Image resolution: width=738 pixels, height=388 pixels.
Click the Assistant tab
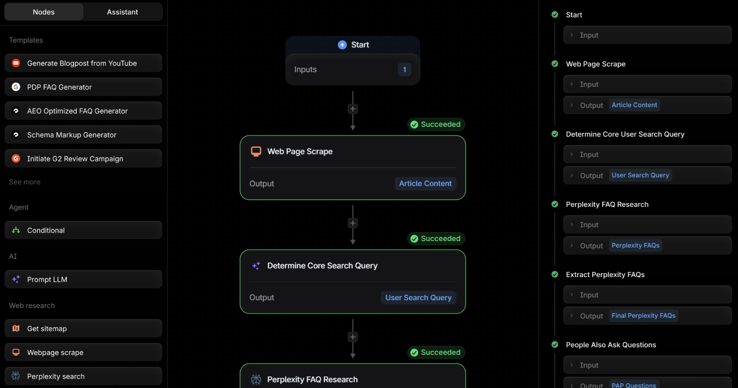tap(122, 12)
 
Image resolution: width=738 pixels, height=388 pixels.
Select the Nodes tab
tap(44, 12)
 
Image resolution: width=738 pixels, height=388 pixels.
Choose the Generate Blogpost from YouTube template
tap(83, 63)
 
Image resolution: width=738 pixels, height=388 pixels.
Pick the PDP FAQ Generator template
tap(83, 87)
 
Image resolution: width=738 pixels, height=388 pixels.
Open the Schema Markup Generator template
tap(83, 135)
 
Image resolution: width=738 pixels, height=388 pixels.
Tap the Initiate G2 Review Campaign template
tap(83, 159)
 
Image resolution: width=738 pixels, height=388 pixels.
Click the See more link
tap(25, 182)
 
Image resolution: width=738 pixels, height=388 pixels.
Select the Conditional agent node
tap(83, 230)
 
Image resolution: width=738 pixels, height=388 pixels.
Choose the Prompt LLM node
tap(83, 279)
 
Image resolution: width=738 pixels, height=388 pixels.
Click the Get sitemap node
tap(83, 329)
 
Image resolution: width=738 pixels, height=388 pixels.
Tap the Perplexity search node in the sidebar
tap(83, 376)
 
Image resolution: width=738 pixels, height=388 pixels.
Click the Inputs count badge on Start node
tap(404, 69)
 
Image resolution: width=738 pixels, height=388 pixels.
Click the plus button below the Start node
tap(352, 109)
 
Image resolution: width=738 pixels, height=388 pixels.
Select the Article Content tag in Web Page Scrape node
tap(425, 183)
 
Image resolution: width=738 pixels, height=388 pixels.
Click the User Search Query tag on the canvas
tap(418, 298)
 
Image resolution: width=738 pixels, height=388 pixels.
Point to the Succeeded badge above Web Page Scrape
tap(436, 124)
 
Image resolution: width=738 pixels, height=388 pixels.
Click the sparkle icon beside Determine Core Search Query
tap(256, 265)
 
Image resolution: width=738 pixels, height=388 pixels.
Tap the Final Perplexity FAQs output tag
tap(643, 315)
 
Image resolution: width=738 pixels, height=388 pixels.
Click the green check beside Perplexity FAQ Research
tap(555, 205)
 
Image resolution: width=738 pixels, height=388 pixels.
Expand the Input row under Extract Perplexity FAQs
tap(648, 295)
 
